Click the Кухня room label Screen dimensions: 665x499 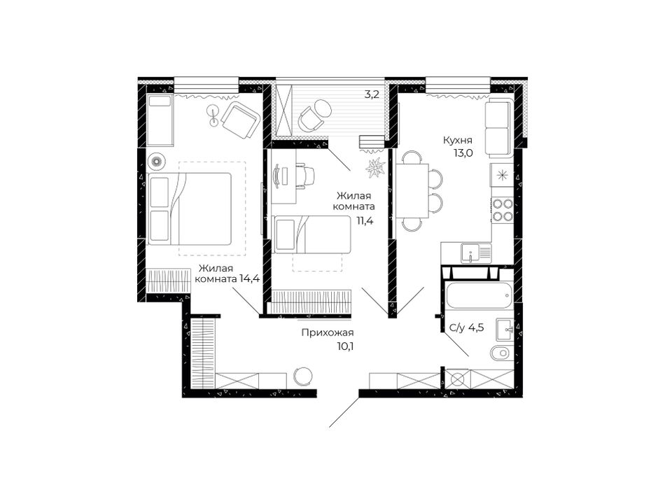(x=458, y=141)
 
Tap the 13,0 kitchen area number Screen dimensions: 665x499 (x=463, y=153)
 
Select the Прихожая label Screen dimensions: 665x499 (x=328, y=333)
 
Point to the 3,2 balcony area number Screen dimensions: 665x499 (x=372, y=94)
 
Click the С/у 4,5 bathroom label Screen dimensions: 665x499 (x=466, y=328)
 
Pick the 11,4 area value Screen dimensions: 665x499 (x=364, y=220)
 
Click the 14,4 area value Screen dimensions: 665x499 (x=249, y=279)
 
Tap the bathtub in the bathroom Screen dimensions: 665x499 (x=478, y=295)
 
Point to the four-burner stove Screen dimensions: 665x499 (x=502, y=210)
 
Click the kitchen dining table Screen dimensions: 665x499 (x=412, y=190)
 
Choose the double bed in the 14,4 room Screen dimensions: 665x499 (x=189, y=209)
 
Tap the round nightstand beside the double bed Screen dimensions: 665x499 (x=157, y=162)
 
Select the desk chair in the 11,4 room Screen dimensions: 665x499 (x=306, y=175)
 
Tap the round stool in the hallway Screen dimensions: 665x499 (x=304, y=376)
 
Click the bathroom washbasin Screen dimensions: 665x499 (x=505, y=330)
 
